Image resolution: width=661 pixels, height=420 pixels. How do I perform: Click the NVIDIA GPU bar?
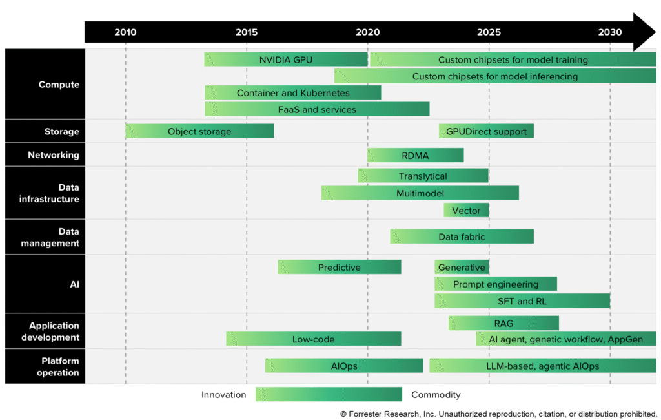point(286,59)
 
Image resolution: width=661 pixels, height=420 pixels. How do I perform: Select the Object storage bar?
point(199,131)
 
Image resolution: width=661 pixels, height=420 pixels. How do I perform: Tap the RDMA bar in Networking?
point(415,155)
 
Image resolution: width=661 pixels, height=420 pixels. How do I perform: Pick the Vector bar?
point(466,210)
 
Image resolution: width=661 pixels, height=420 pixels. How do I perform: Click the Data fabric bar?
point(462,236)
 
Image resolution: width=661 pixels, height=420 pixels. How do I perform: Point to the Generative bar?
point(462,267)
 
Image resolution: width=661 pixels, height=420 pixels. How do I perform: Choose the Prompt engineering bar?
point(495,284)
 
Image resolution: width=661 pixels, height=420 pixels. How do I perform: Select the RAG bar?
point(503,323)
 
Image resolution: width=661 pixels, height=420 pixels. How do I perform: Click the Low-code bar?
point(313,339)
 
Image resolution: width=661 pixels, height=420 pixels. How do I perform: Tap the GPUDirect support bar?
point(486,131)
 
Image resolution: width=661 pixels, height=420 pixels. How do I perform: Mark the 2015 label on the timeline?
point(247,32)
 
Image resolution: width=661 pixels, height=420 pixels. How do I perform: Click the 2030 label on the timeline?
point(610,32)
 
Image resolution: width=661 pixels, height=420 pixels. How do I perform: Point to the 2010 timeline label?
point(125,32)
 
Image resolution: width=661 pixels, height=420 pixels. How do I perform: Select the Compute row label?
point(59,84)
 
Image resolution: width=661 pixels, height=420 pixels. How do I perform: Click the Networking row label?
point(53,155)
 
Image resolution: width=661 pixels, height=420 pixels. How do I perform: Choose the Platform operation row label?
point(57,366)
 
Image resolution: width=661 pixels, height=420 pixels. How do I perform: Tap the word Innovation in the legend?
point(223,394)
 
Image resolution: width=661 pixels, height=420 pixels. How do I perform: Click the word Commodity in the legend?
point(436,394)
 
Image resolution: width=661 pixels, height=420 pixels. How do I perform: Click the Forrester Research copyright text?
point(498,414)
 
